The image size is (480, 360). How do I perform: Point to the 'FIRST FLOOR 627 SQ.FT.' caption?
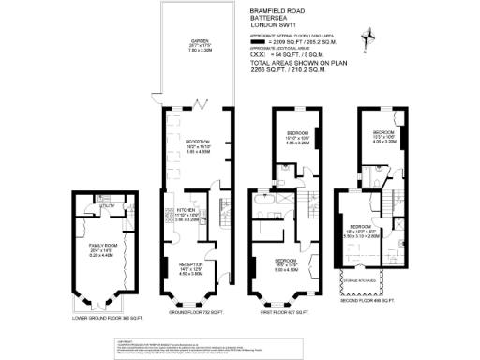(x=286, y=312)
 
